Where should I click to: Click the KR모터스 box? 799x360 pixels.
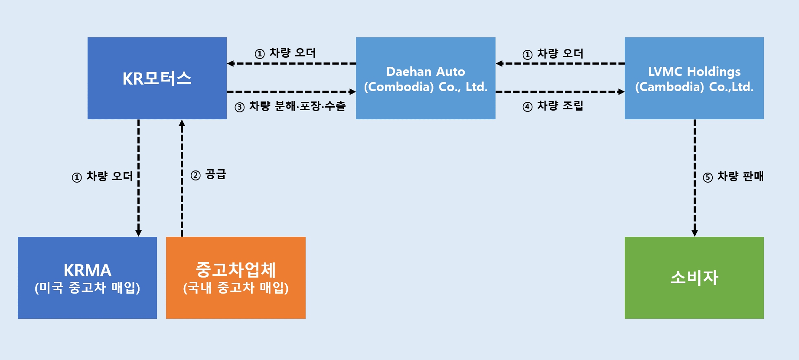point(157,78)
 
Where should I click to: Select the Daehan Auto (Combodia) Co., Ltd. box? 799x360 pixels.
point(425,78)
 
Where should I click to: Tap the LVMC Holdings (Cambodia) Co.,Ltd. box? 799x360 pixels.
point(694,78)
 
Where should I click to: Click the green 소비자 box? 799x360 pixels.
point(694,278)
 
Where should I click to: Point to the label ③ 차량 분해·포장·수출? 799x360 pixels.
point(290,106)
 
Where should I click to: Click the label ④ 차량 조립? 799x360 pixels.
point(553,106)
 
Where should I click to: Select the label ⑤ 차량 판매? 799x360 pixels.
point(733,177)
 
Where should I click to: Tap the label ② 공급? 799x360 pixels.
point(209,174)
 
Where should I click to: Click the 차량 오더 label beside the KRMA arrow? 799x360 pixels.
point(102,177)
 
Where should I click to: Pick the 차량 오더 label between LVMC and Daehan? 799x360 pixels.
point(553,54)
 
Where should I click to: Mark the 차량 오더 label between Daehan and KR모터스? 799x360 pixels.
point(285,53)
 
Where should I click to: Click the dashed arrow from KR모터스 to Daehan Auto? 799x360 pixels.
point(290,92)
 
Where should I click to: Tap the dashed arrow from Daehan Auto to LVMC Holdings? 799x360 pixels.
point(559,92)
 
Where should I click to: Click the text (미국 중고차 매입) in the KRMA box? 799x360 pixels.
point(87,288)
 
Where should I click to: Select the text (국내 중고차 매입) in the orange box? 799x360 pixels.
point(235,288)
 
